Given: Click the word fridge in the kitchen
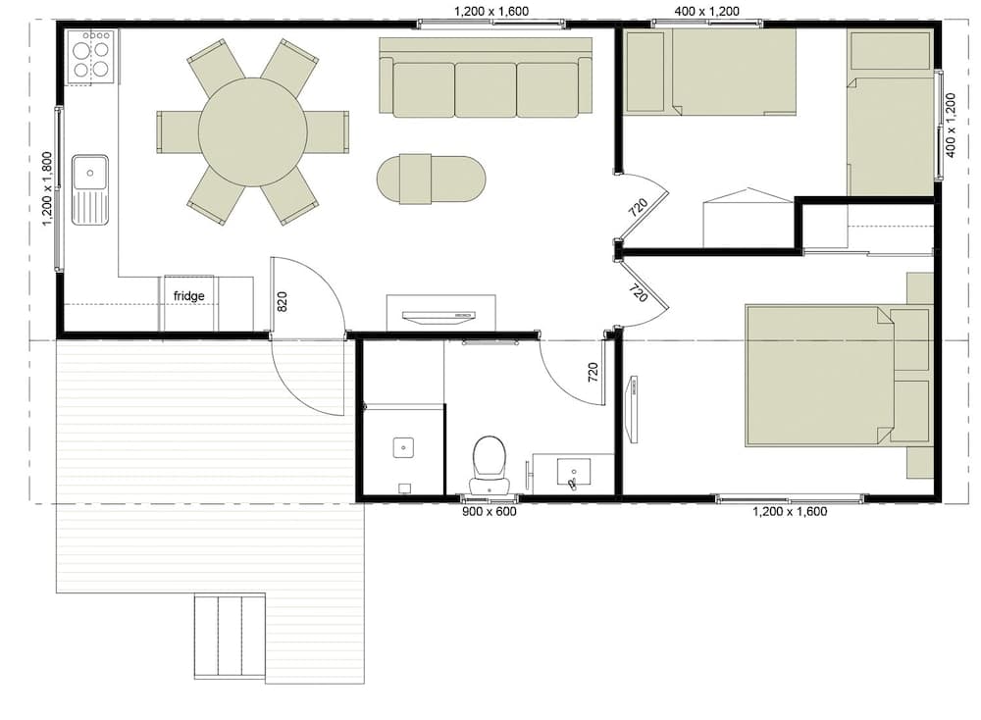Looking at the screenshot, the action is pyautogui.click(x=189, y=296).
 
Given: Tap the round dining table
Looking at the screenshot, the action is pyautogui.click(x=253, y=132).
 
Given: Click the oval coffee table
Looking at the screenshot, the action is pyautogui.click(x=431, y=179).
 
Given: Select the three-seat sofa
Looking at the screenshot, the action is pyautogui.click(x=486, y=77).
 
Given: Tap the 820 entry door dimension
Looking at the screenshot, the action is pyautogui.click(x=283, y=301).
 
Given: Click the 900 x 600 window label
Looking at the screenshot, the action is pyautogui.click(x=490, y=512).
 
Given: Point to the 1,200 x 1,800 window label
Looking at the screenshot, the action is pyautogui.click(x=47, y=189).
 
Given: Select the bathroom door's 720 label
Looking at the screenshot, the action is pyautogui.click(x=594, y=372).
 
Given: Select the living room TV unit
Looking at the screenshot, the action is pyautogui.click(x=441, y=313).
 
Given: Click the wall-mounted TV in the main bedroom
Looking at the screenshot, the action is pyautogui.click(x=633, y=410).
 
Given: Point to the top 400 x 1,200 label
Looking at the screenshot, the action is pyautogui.click(x=707, y=11).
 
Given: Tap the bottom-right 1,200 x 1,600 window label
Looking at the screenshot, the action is pyautogui.click(x=790, y=512).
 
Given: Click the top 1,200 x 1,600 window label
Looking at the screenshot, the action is pyautogui.click(x=491, y=11).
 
